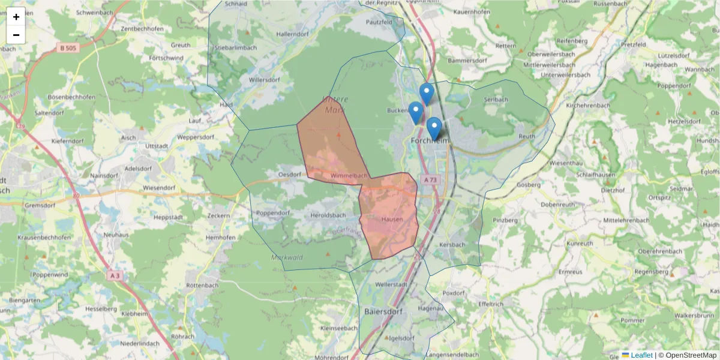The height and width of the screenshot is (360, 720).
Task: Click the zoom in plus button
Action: (16, 17)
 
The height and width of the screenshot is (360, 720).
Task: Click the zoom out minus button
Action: (16, 35)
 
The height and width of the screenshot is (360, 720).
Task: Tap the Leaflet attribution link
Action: (641, 355)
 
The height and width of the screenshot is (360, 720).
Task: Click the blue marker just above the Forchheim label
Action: (434, 128)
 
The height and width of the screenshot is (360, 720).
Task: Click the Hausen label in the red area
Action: (392, 220)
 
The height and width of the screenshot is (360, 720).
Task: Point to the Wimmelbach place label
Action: (349, 176)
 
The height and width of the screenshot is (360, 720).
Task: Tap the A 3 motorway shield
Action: (115, 275)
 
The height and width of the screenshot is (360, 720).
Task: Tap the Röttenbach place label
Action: (201, 285)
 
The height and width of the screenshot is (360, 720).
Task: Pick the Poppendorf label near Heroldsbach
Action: (273, 213)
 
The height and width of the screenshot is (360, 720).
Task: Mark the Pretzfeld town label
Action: (637, 44)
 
